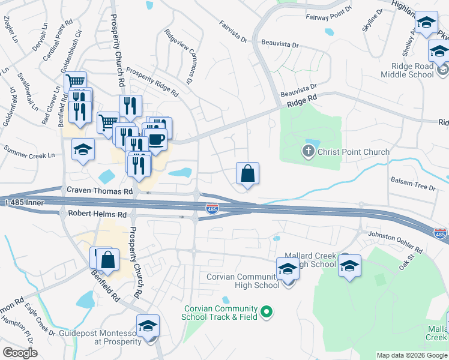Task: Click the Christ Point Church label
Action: [354, 152]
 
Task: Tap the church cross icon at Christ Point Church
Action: [309, 151]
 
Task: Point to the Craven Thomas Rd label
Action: [100, 191]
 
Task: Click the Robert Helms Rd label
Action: [97, 214]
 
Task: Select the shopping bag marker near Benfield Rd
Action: [107, 260]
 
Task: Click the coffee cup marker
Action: [157, 140]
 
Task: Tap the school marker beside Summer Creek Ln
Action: [83, 150]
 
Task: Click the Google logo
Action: [20, 353]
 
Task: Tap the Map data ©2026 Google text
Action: [411, 355]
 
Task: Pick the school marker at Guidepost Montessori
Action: [148, 326]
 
